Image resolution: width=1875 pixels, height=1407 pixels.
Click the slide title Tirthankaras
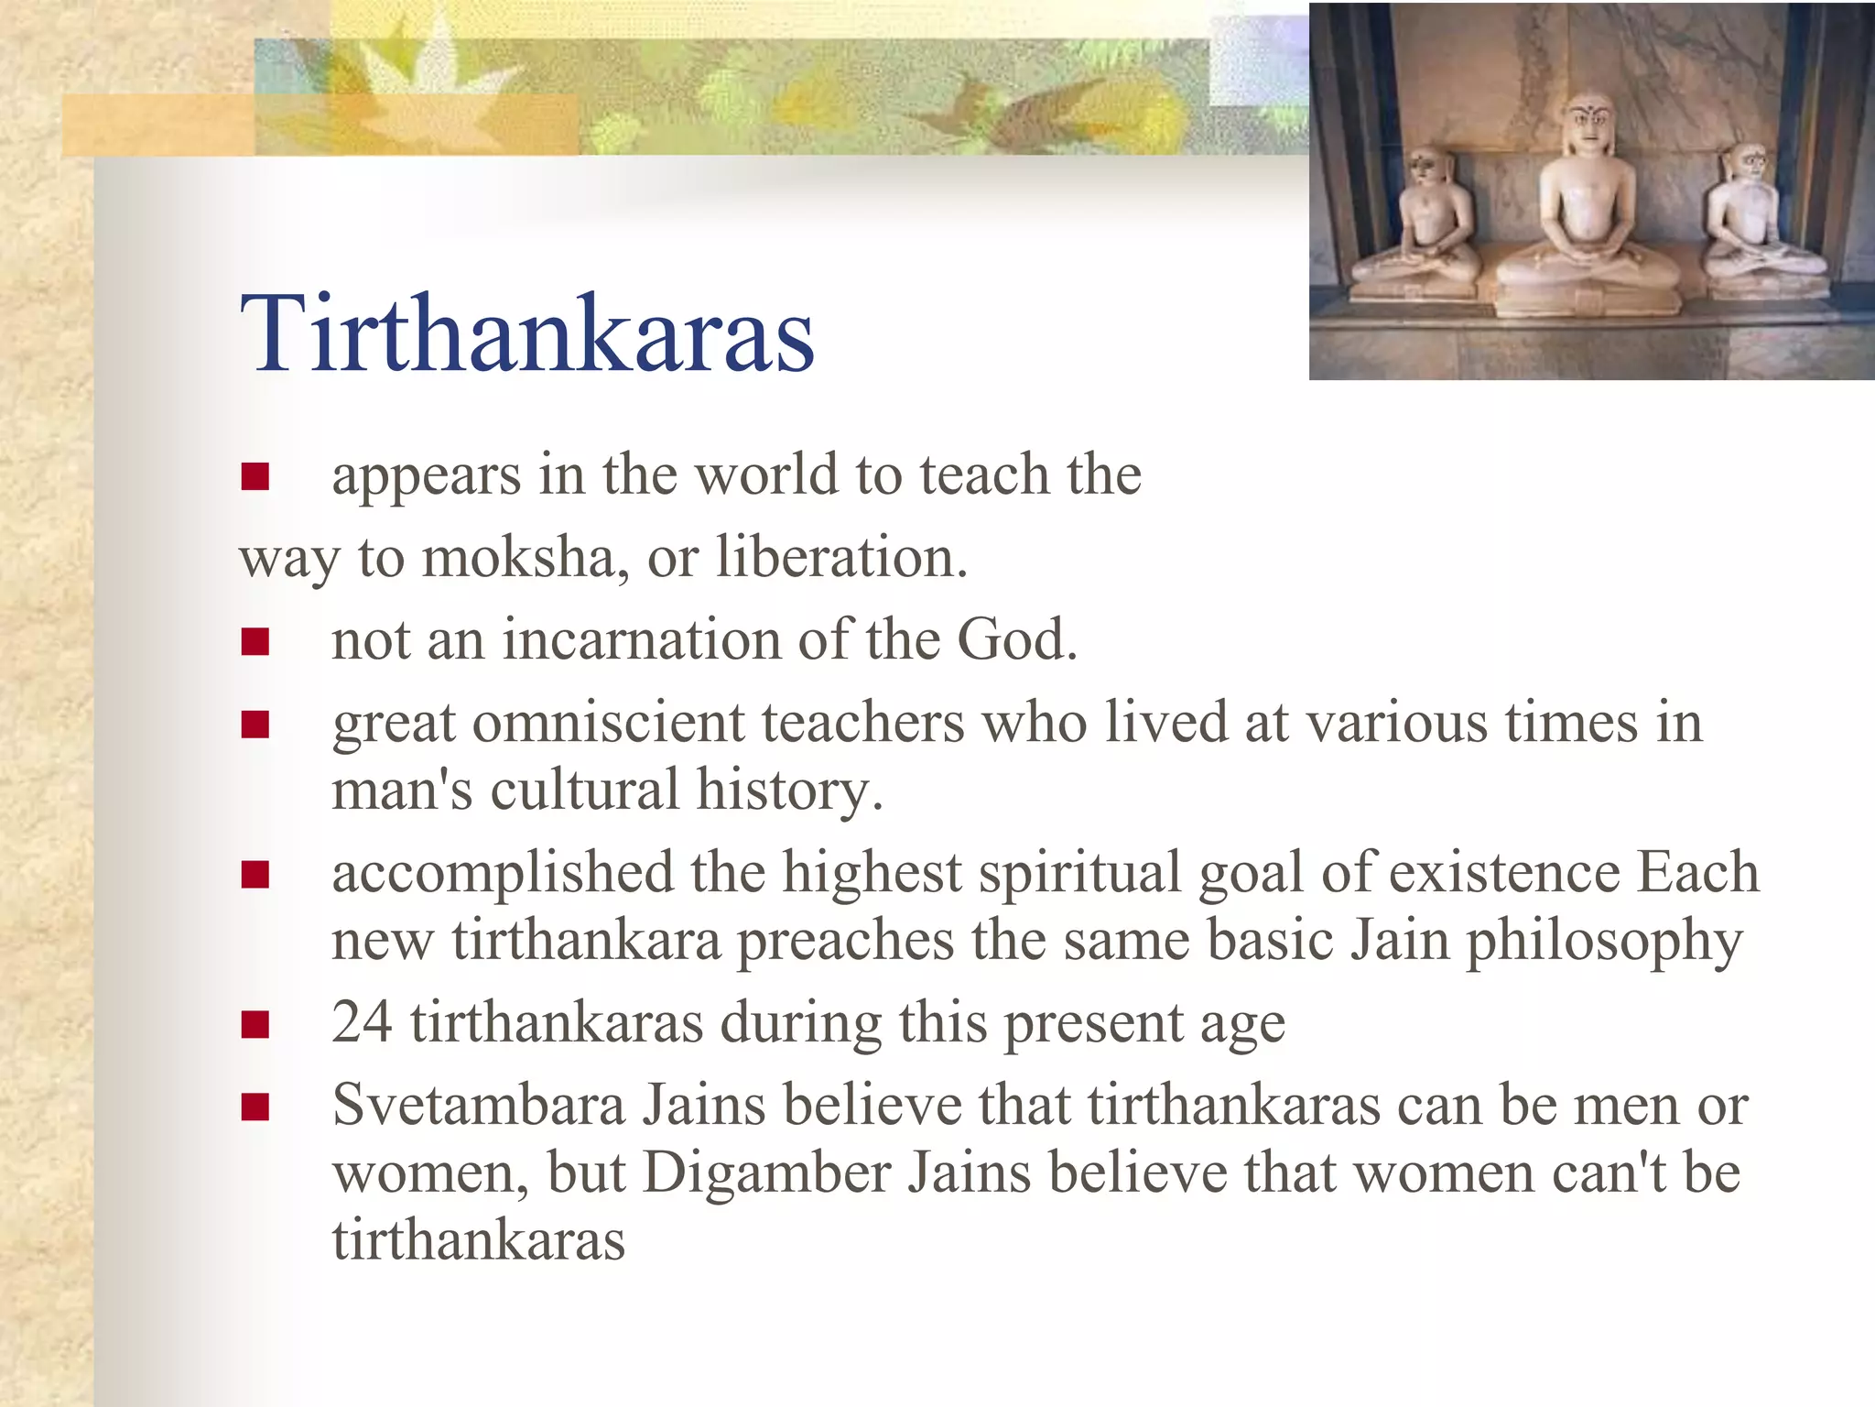[527, 333]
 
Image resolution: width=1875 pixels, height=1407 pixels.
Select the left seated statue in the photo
[1416, 224]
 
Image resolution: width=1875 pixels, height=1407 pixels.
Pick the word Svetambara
[478, 1105]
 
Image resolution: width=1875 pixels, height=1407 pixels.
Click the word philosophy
[1604, 942]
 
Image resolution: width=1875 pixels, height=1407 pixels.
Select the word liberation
[840, 557]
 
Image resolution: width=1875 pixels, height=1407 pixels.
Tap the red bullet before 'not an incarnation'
[255, 641]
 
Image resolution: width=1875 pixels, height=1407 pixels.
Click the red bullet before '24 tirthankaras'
[255, 1024]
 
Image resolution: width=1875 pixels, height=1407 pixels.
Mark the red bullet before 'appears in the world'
[255, 476]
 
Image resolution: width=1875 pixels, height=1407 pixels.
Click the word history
[789, 790]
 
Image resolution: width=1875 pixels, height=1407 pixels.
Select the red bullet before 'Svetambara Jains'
[255, 1107]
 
